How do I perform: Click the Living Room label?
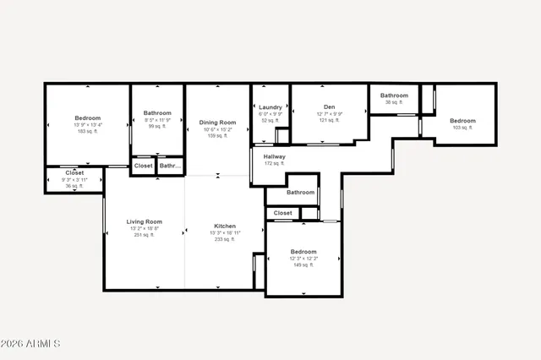point(144,221)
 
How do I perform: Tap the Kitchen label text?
point(224,226)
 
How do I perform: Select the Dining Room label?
point(217,123)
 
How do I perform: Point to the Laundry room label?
point(270,107)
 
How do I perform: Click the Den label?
point(329,106)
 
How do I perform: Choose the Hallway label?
point(274,156)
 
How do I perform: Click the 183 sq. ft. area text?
point(88,131)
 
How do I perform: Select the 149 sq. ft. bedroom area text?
point(303,265)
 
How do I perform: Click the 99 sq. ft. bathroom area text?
point(157,126)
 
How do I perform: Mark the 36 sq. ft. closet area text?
point(74,185)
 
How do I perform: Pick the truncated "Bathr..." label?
point(171,166)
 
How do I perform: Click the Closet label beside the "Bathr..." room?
point(144,166)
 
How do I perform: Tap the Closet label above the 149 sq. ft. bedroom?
point(283,213)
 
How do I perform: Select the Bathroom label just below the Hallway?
point(300,192)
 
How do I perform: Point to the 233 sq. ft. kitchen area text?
point(224,239)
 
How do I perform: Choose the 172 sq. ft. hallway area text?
point(274,163)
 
